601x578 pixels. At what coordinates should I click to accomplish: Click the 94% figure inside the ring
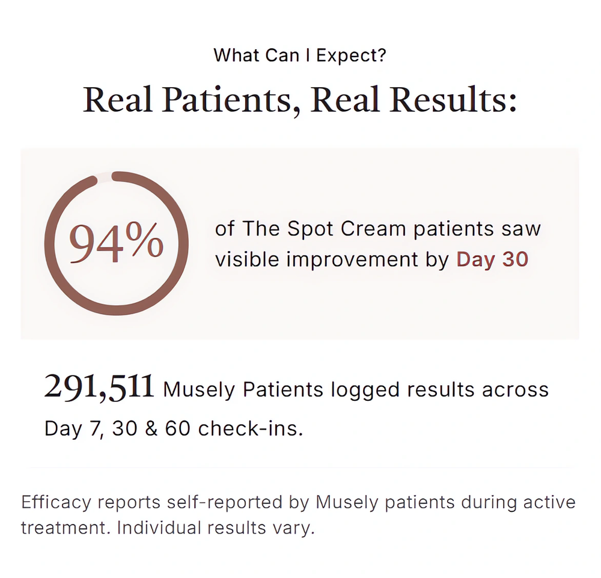click(116, 243)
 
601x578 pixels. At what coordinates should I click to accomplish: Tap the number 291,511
click(99, 387)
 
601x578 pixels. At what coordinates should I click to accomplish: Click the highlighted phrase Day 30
click(493, 260)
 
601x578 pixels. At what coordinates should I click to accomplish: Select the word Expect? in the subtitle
click(351, 55)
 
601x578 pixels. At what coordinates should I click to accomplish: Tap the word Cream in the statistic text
click(373, 229)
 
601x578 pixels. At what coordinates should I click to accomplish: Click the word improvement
click(352, 260)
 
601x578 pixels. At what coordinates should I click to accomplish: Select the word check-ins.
click(251, 428)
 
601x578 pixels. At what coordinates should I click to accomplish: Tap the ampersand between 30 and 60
click(151, 428)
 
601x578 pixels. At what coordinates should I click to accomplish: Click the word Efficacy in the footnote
click(56, 502)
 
